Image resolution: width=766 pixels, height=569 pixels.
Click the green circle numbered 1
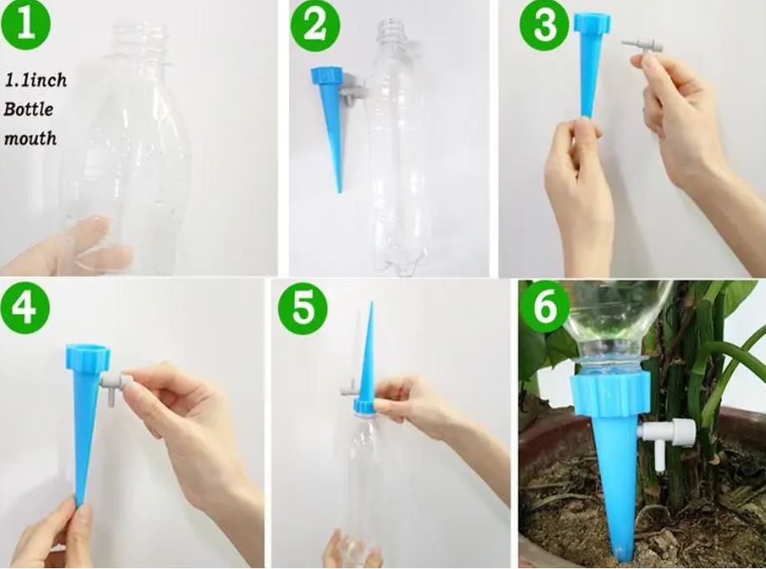pyautogui.click(x=25, y=23)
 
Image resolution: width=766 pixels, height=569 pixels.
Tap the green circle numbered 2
pyautogui.click(x=315, y=25)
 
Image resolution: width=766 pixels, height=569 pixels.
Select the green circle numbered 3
pyautogui.click(x=543, y=24)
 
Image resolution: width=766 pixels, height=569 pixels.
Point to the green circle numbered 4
pyautogui.click(x=25, y=309)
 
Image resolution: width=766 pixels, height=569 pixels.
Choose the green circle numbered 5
pyautogui.click(x=303, y=309)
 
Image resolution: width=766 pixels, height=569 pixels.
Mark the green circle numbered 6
pyautogui.click(x=544, y=307)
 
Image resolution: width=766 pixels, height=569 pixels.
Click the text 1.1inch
pyautogui.click(x=36, y=80)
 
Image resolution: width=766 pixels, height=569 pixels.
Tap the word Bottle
pyautogui.click(x=28, y=109)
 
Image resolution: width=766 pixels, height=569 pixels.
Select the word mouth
pyautogui.click(x=30, y=138)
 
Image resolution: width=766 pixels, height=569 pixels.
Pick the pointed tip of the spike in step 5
pyautogui.click(x=371, y=302)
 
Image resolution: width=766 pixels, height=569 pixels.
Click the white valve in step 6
pyautogui.click(x=668, y=441)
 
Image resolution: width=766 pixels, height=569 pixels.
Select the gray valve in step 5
pyautogui.click(x=351, y=388)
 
